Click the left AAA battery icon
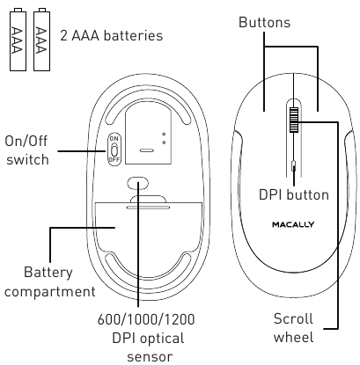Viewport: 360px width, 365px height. click(17, 37)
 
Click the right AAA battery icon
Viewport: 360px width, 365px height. click(40, 37)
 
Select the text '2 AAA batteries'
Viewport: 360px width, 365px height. click(112, 36)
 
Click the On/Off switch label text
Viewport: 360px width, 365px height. click(27, 150)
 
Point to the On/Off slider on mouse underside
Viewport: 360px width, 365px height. click(114, 150)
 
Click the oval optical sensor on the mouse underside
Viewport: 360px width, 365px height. click(137, 183)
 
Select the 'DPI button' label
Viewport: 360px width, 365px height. click(293, 195)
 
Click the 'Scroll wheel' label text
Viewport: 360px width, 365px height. click(293, 327)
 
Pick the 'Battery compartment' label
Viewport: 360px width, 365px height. click(48, 281)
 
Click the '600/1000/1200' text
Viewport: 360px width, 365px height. click(143, 321)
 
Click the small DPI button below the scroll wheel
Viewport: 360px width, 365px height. click(293, 164)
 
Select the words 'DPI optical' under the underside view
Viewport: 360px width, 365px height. click(143, 339)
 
